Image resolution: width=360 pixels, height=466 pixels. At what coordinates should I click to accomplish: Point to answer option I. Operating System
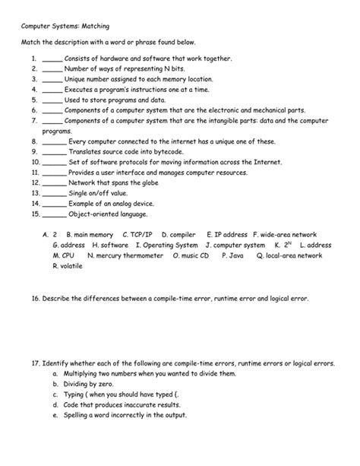pos(167,246)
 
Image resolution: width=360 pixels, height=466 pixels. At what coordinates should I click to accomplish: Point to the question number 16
pos(36,300)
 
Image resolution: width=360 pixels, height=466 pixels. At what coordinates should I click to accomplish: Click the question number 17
pos(36,364)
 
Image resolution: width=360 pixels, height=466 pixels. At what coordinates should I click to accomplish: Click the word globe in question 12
pos(142,183)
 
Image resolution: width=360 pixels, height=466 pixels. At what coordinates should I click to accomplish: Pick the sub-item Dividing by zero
pos(96,385)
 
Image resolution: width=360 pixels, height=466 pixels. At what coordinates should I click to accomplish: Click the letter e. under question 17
pos(55,416)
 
